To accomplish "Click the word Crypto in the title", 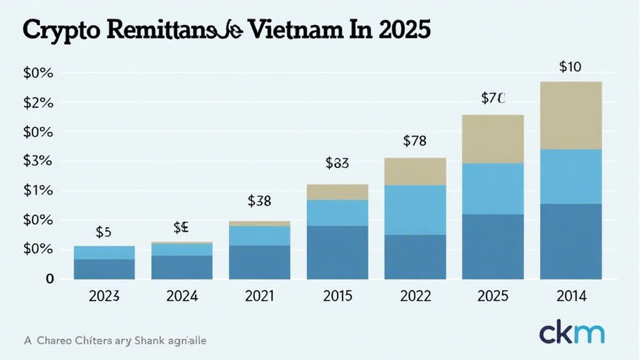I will point(54,31).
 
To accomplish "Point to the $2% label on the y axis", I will point(38,102).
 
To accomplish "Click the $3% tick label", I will point(38,161).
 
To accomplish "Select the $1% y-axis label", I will point(38,191).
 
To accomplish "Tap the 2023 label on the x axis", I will point(104,296).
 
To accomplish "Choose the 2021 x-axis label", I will point(259,296).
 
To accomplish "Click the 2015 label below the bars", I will point(337,296).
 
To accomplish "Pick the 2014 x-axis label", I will point(571,296).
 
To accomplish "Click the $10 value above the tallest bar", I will point(571,67).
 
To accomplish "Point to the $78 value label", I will point(414,141).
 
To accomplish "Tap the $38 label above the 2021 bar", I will point(259,201).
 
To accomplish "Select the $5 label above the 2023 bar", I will point(104,232).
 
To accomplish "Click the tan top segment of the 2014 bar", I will point(571,116).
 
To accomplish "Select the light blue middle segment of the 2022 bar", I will point(415,209).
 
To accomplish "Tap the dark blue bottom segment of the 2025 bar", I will point(492,246).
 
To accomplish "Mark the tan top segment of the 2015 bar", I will point(337,192).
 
